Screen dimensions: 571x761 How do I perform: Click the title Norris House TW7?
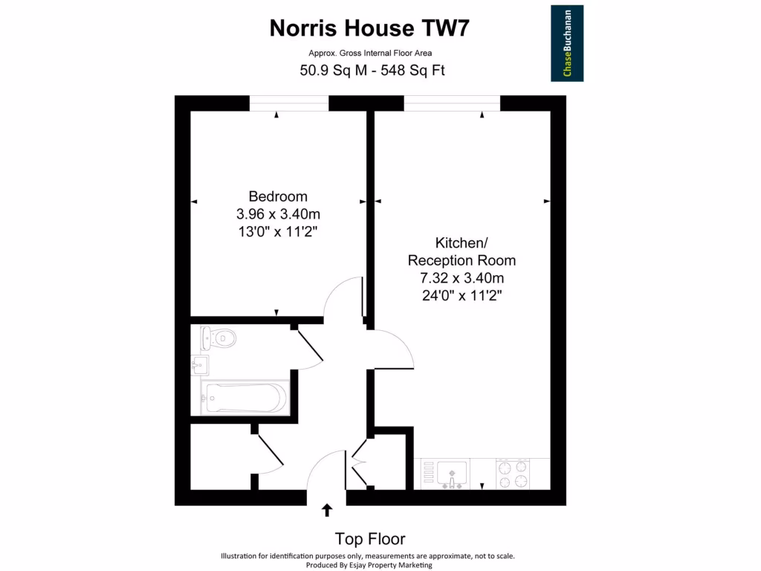click(369, 28)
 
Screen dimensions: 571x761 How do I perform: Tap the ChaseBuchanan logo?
click(566, 43)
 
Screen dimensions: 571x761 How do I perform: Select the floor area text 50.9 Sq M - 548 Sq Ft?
click(372, 71)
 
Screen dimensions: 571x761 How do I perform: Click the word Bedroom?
click(278, 196)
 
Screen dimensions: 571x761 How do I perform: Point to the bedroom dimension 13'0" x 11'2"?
click(278, 231)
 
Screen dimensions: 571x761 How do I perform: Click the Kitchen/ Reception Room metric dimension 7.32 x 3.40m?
click(462, 278)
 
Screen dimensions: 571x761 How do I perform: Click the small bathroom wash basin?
click(199, 365)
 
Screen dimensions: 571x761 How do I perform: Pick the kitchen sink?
click(453, 473)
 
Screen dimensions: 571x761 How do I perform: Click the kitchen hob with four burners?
click(514, 474)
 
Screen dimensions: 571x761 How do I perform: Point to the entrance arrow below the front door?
click(326, 510)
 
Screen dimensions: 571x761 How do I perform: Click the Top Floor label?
click(370, 539)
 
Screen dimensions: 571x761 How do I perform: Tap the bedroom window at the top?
click(288, 103)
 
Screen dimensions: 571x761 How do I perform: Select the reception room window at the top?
click(452, 103)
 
